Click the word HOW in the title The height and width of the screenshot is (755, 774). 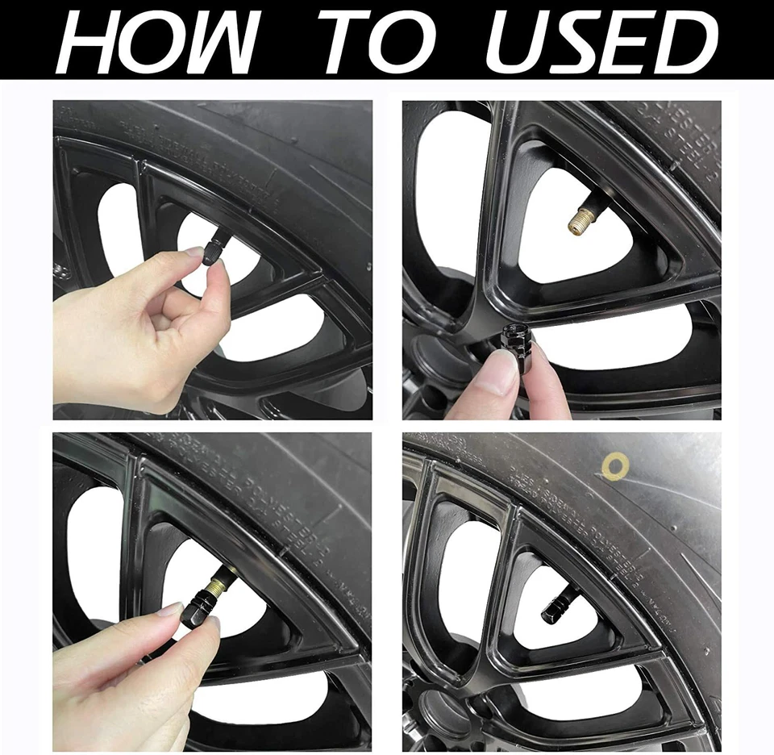157,40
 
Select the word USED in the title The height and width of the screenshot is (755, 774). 601,40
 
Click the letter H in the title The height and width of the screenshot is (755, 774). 90,40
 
